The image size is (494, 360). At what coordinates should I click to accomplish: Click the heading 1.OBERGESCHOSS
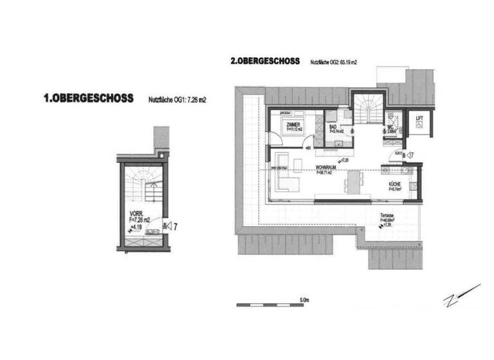(x=88, y=99)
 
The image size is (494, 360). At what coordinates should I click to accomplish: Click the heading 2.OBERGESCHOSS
(x=264, y=62)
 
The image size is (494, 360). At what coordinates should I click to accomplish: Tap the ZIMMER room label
(x=295, y=125)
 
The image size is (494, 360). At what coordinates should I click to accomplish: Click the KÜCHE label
(x=394, y=186)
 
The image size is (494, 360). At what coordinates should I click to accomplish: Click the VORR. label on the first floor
(x=136, y=213)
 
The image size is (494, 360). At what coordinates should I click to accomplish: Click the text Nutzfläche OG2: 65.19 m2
(x=333, y=62)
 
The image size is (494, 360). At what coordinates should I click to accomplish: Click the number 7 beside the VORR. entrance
(x=175, y=225)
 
